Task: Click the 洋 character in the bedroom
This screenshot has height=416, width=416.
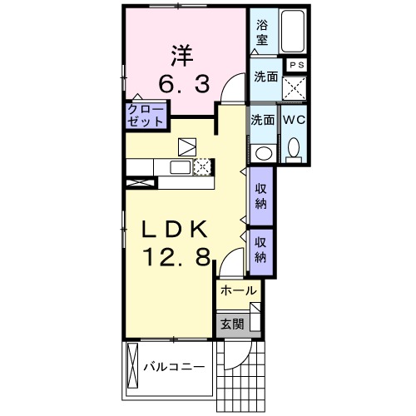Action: click(182, 56)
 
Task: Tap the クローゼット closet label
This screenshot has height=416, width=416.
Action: click(146, 114)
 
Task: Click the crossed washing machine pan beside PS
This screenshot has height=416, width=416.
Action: click(293, 87)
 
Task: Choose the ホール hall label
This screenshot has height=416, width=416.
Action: click(238, 291)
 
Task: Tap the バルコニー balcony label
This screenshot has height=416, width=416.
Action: click(173, 367)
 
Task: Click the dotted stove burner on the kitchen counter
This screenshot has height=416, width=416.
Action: click(202, 167)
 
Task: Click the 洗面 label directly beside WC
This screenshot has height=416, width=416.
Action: click(262, 120)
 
